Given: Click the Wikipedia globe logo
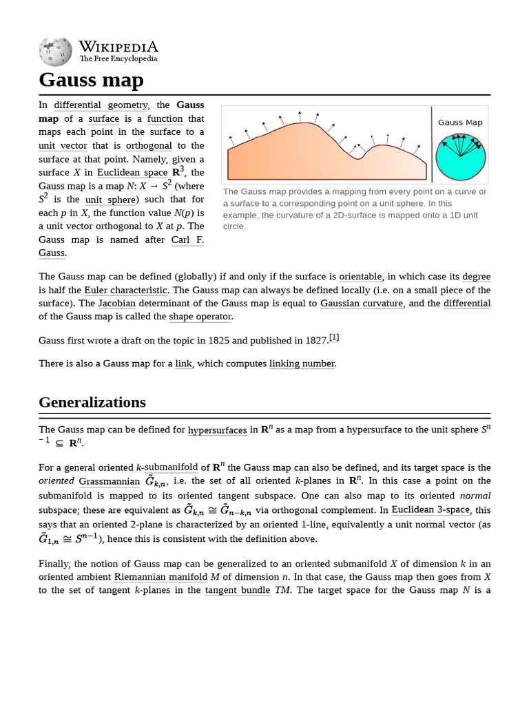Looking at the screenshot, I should (x=55, y=52).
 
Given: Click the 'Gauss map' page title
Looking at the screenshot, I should (x=91, y=80).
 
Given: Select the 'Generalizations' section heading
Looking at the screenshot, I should (x=92, y=402).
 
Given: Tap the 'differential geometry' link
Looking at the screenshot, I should (x=101, y=105).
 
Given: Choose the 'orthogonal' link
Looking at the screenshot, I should (x=149, y=145).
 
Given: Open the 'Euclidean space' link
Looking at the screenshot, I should (x=132, y=173).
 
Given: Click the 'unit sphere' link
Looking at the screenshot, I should (x=110, y=200).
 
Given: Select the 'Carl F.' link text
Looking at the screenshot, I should (x=187, y=240).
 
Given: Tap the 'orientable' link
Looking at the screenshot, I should (x=360, y=277).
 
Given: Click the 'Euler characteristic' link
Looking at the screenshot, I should (x=126, y=290).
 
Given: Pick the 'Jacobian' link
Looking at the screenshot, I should (x=116, y=304).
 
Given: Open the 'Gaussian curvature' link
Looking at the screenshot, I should (x=362, y=304).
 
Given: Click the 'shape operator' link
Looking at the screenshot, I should (x=200, y=317).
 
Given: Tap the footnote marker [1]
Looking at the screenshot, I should (x=334, y=337).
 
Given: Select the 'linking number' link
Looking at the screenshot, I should (x=302, y=364).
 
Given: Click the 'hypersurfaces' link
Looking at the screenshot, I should (x=217, y=430).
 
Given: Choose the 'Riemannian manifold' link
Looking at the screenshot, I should (x=160, y=577).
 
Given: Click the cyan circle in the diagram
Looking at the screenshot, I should (x=461, y=157).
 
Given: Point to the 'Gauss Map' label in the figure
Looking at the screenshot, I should (x=460, y=123).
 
